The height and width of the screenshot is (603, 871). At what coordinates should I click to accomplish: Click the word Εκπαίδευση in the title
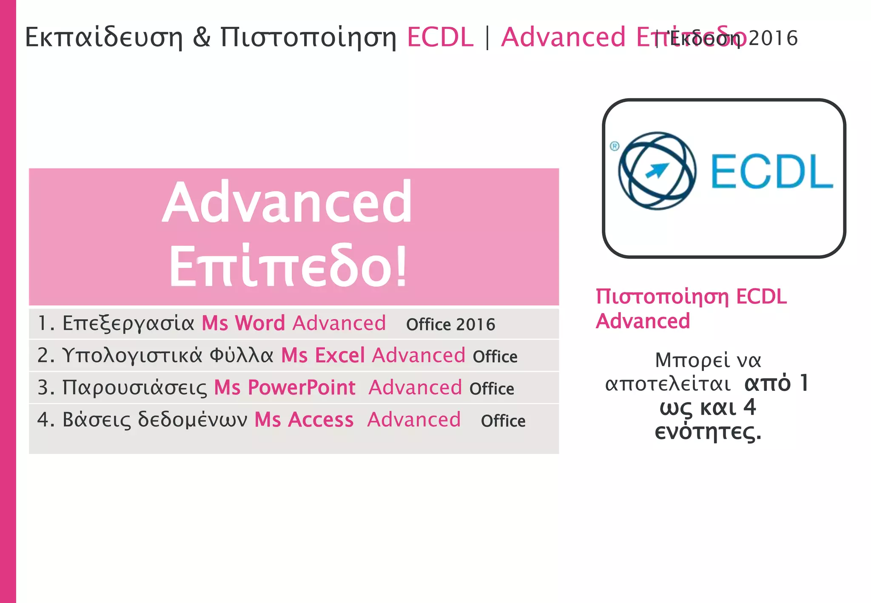pos(104,37)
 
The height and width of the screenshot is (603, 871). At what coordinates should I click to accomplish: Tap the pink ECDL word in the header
pos(440,37)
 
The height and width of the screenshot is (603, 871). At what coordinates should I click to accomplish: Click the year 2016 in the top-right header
pos(773,38)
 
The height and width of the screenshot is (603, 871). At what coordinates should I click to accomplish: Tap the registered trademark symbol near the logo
pos(615,146)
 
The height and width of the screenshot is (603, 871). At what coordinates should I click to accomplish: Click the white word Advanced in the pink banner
pos(287,202)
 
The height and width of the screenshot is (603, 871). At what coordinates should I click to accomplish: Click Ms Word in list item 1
pos(243,323)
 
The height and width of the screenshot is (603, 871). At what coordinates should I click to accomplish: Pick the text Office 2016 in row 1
pos(450,325)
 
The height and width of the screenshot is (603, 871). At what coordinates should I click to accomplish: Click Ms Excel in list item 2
pos(323,356)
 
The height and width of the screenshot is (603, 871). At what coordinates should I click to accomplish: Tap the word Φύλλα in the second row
pos(241,356)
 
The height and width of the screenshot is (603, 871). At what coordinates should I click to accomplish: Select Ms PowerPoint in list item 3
pos(285,387)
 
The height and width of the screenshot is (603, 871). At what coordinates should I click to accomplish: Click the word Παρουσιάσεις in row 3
pos(135,388)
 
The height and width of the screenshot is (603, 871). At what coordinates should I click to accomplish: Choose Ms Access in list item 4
pos(304,420)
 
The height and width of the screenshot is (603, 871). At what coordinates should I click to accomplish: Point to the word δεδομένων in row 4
pos(193,420)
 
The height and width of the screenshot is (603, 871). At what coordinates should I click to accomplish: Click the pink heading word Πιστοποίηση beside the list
pos(662,297)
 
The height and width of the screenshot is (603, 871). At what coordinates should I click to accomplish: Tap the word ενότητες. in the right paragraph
pos(708,432)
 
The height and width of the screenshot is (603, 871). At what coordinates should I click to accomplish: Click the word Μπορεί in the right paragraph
pos(686,360)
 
